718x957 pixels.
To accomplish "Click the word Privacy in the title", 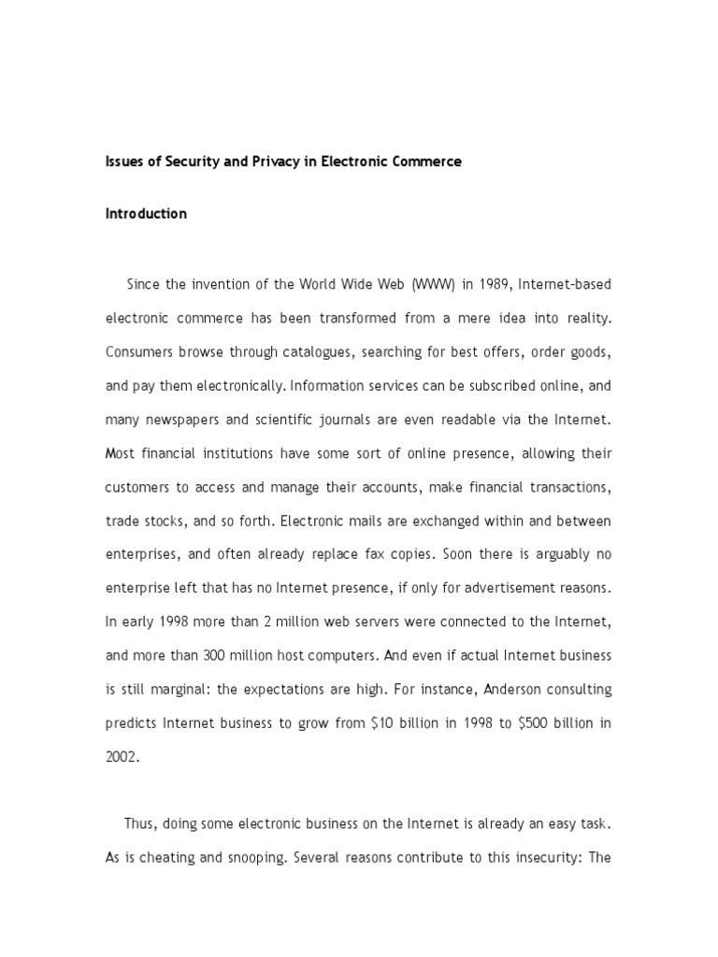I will pos(267,162).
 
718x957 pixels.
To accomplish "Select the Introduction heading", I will pos(146,214).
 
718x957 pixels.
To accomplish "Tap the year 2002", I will pos(122,757).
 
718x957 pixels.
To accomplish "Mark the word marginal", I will pos(180,689).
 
